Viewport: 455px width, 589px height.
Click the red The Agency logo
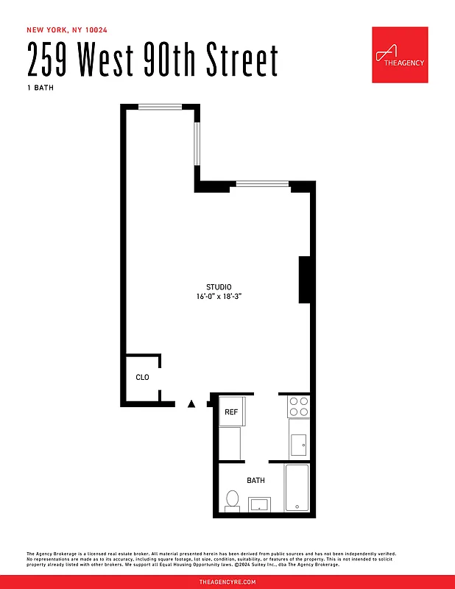click(400, 55)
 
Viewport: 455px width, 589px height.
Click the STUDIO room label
click(219, 287)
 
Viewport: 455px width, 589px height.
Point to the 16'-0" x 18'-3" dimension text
click(219, 297)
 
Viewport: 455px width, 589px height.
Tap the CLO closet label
click(142, 377)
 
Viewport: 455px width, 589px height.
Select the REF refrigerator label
click(231, 412)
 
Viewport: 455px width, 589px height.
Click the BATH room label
click(255, 481)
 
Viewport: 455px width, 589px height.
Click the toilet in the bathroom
click(233, 500)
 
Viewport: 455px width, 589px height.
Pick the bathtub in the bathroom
click(297, 487)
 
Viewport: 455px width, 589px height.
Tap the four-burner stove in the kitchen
click(298, 407)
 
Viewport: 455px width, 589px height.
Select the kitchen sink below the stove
click(299, 445)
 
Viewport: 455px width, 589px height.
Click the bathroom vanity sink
click(260, 504)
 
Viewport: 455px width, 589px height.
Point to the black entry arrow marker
click(191, 403)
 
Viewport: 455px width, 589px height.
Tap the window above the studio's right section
click(261, 183)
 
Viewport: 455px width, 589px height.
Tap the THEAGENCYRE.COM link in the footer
click(227, 582)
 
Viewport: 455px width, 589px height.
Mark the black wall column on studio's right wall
click(303, 279)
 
